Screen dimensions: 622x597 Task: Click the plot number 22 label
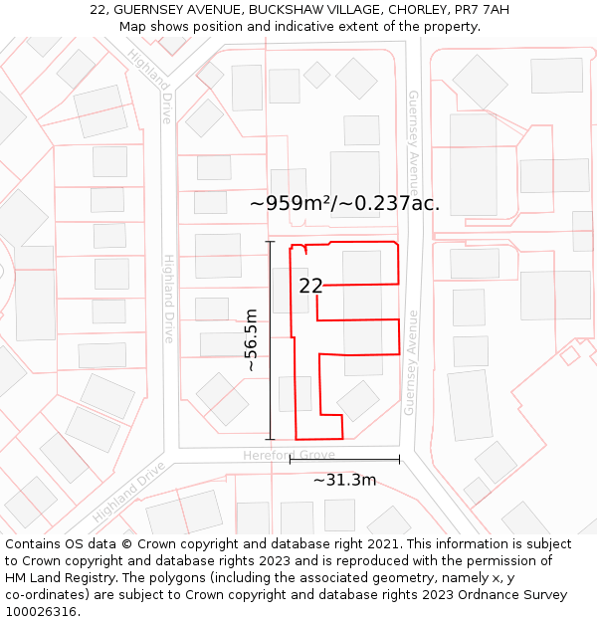pos(310,286)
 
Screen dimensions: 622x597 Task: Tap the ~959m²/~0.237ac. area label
pos(344,203)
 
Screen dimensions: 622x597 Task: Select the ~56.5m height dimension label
pos(252,339)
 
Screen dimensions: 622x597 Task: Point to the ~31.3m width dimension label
pos(344,481)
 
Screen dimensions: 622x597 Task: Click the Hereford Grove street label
pos(289,455)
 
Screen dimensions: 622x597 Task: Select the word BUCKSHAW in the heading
pos(252,9)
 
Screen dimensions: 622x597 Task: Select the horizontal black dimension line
pos(344,460)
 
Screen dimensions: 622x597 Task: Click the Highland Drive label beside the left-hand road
pos(168,299)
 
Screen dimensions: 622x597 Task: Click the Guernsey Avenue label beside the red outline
pos(410,362)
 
